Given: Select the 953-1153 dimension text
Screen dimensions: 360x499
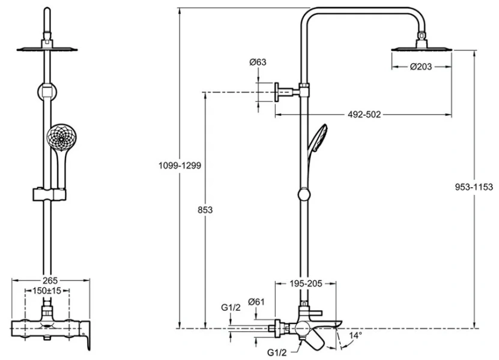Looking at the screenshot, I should [x=474, y=187].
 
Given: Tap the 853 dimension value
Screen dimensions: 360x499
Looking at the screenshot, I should [x=205, y=210].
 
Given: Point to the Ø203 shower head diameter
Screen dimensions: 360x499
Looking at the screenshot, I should [x=422, y=67].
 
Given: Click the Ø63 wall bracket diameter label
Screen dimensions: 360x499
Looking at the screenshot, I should [x=258, y=62].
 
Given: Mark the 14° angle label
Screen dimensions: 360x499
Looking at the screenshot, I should [x=356, y=335].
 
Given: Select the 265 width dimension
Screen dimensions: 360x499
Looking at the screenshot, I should [x=51, y=280].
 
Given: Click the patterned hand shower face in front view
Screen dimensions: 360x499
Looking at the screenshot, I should [x=61, y=139].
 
